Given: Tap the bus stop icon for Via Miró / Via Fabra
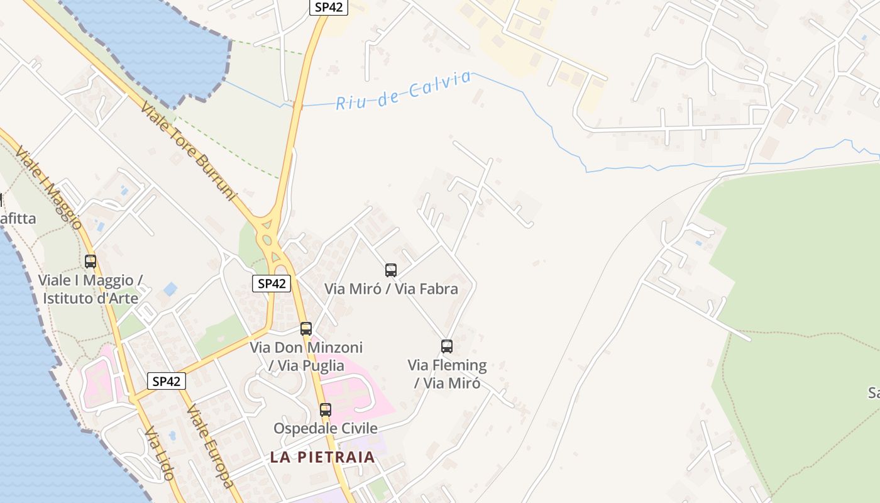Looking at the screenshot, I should click(391, 270).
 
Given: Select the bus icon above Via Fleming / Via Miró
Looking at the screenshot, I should click(447, 346).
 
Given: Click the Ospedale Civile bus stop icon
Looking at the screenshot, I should click(326, 410).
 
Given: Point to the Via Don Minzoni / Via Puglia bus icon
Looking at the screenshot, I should click(306, 328).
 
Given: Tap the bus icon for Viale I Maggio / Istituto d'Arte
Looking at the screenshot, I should click(91, 261).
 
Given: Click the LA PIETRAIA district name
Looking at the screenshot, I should click(322, 457).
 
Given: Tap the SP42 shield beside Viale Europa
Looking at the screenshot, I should click(167, 381).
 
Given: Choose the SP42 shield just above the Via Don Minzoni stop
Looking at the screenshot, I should click(272, 284).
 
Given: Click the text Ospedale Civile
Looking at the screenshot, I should click(326, 429).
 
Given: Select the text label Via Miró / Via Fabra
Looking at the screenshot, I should click(391, 289).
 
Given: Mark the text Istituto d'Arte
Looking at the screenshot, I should click(91, 298).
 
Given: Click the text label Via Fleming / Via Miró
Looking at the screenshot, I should click(447, 374).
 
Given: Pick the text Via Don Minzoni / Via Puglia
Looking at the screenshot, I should click(306, 357).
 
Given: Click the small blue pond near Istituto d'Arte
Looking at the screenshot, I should click(170, 290).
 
